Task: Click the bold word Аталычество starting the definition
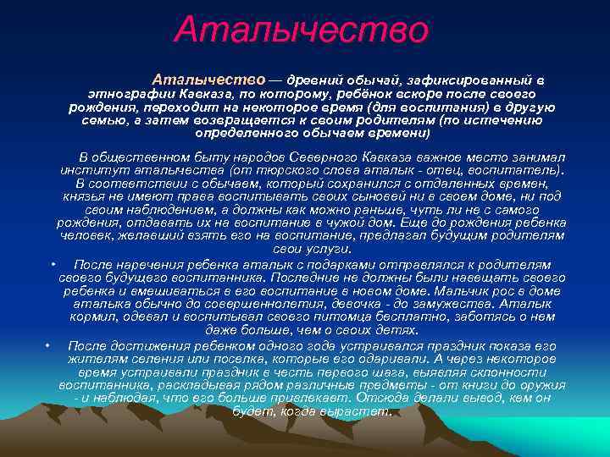click(x=208, y=79)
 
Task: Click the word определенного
click(x=246, y=133)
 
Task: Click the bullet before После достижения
click(x=49, y=346)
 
